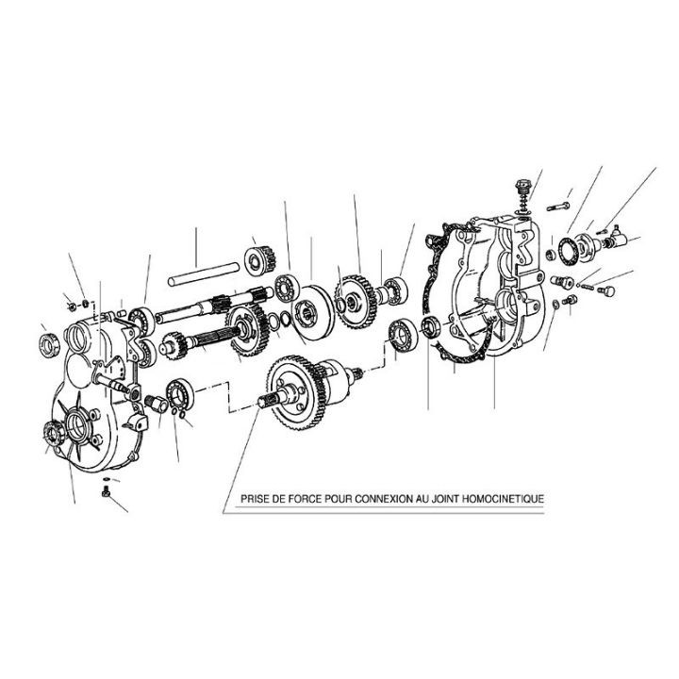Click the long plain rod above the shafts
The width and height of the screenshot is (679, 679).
point(203,273)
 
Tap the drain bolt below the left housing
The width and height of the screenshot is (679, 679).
point(107,492)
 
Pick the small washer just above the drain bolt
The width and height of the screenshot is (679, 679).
point(107,479)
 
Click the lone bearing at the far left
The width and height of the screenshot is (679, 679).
point(48,345)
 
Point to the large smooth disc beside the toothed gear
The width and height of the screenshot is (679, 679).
point(313,312)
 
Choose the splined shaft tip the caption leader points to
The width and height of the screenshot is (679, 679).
point(265,401)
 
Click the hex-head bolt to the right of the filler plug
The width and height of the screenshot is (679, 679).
point(557,207)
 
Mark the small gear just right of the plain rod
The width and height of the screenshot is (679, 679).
point(260,261)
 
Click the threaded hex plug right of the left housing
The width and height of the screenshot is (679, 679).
point(157,404)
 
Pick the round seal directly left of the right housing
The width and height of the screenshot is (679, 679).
point(431,326)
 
